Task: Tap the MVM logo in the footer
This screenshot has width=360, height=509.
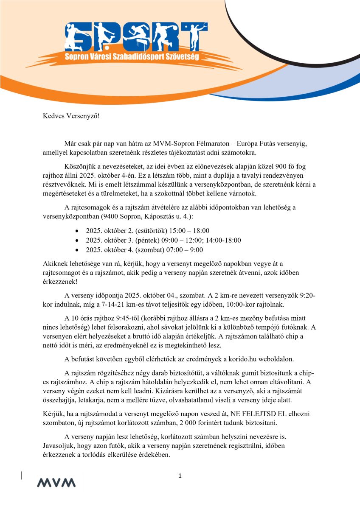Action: tap(56, 482)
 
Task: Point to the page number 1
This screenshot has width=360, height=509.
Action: tap(180, 476)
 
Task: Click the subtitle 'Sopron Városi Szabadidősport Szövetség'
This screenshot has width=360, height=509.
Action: tap(132, 56)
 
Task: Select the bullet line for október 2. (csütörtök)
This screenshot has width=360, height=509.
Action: tap(147, 231)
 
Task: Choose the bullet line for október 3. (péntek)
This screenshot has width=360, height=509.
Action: tap(163, 240)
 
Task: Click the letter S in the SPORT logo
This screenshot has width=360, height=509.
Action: tap(77, 37)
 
